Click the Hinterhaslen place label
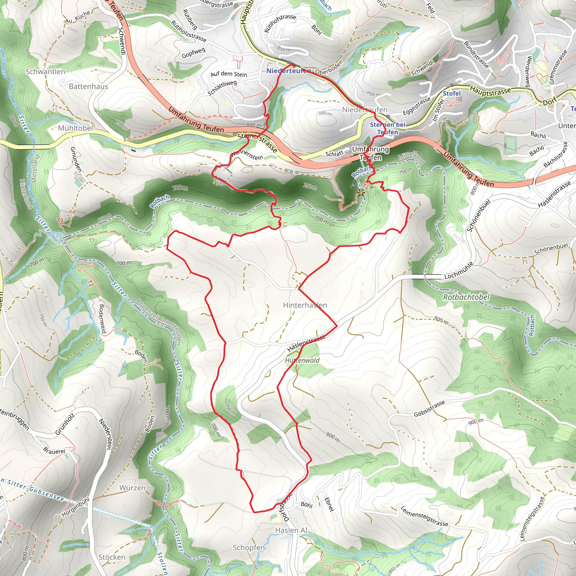pos(305,305)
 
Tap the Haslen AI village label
pos(291,530)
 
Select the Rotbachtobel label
pos(466,297)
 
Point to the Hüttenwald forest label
pos(302,361)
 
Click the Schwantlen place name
pos(45,71)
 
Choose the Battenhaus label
pos(88,86)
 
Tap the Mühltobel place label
pos(75,128)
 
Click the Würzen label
pos(132,488)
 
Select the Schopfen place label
pos(249,547)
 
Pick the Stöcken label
pos(112,557)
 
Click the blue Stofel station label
pos(452,93)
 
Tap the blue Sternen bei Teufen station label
pos(388,128)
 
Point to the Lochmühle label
pos(459,270)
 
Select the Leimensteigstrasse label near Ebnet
pos(424,516)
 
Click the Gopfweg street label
pos(193,53)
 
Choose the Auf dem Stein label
pos(229,74)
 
